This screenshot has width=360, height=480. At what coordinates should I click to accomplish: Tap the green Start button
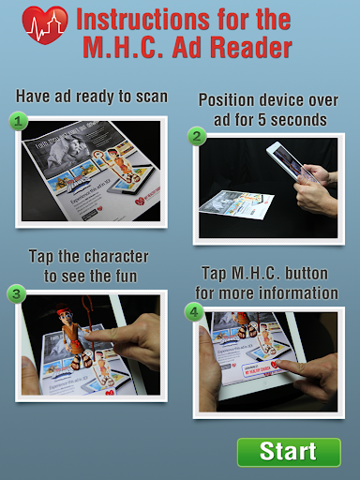tap(289, 452)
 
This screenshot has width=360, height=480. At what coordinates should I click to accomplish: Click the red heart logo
tap(45, 25)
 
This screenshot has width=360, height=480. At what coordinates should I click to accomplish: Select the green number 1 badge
tap(18, 121)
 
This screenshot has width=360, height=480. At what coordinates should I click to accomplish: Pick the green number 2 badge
tap(197, 137)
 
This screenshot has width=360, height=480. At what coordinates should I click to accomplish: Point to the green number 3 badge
tap(17, 293)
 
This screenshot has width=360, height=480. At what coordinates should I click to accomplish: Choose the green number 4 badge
tap(194, 311)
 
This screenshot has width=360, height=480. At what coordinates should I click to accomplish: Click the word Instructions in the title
tap(142, 20)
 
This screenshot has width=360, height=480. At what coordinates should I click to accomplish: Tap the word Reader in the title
tap(251, 47)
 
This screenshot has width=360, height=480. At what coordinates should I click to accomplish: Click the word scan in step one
tap(152, 97)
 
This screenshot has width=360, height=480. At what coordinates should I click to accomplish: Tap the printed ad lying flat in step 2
tap(236, 204)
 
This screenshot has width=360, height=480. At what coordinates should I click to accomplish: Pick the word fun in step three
tap(127, 277)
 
